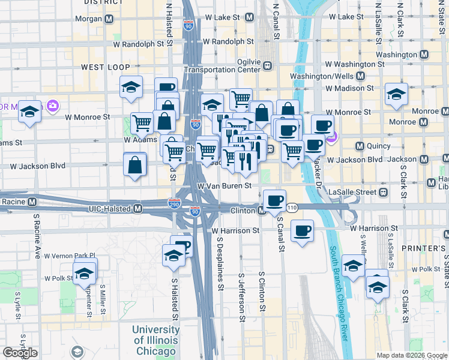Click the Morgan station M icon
pyautogui.click(x=109, y=19)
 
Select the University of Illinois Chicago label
pyautogui.click(x=155, y=340)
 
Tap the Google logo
pyautogui.click(x=20, y=353)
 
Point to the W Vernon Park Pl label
pyautogui.click(x=70, y=256)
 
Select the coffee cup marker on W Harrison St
pyautogui.click(x=302, y=230)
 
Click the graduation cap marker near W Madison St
pyautogui.click(x=396, y=95)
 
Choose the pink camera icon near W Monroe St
pyautogui.click(x=53, y=106)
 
